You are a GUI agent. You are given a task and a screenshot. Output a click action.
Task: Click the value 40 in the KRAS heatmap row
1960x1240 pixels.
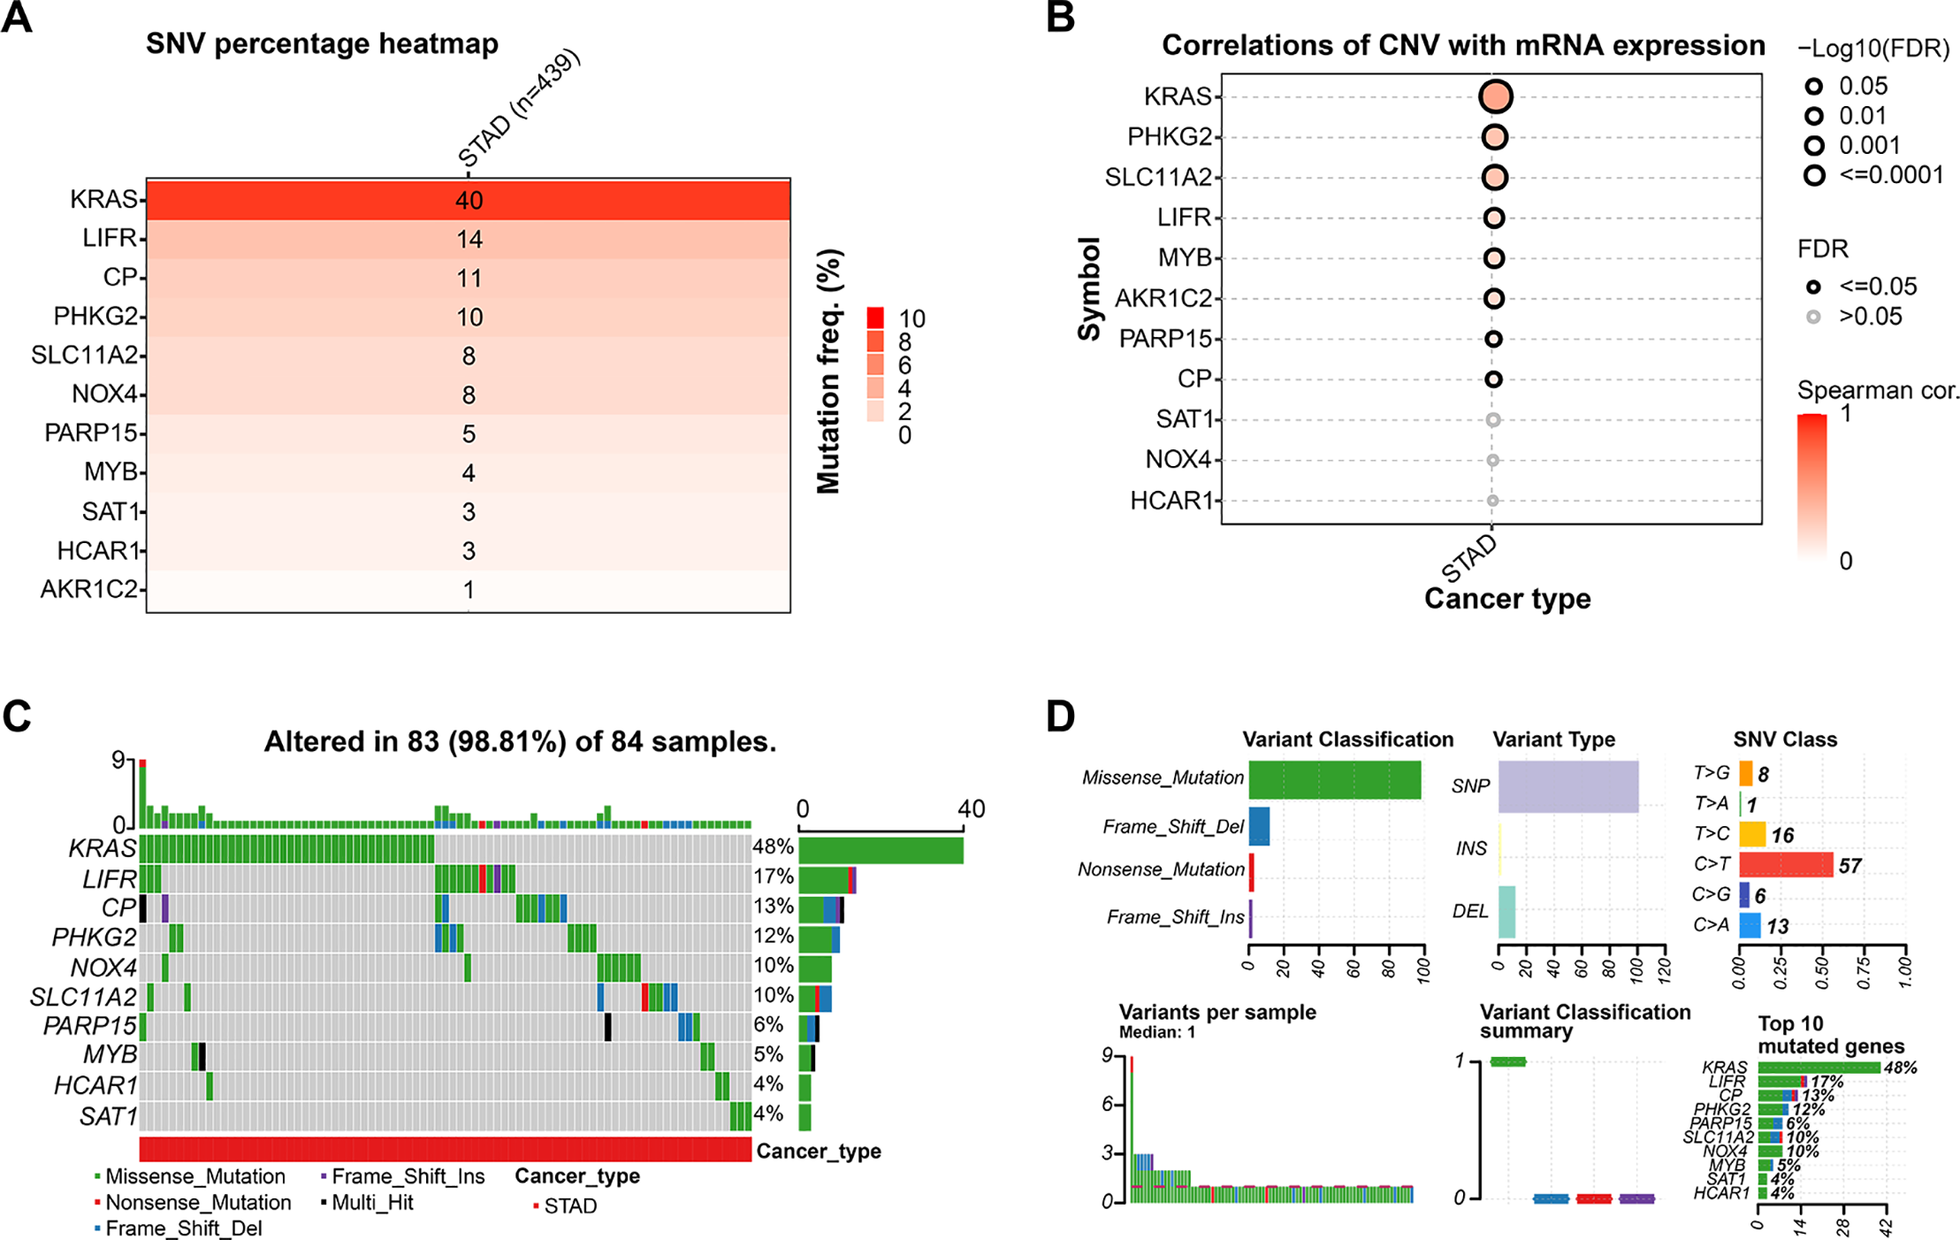pyautogui.click(x=469, y=201)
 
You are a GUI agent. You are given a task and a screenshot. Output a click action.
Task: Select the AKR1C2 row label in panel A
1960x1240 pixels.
pyautogui.click(x=88, y=589)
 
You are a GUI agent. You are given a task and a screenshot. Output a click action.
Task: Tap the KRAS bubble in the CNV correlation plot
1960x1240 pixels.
pyautogui.click(x=1495, y=96)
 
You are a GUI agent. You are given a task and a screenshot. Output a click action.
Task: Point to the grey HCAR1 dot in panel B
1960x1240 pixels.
pyautogui.click(x=1492, y=501)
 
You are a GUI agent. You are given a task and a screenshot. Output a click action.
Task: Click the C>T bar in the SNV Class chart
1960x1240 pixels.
pyautogui.click(x=1786, y=865)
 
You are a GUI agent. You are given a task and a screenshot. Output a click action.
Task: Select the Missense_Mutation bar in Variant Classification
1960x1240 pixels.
pyautogui.click(x=1334, y=779)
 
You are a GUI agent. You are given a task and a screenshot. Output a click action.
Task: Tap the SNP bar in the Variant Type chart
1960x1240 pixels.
pyautogui.click(x=1567, y=786)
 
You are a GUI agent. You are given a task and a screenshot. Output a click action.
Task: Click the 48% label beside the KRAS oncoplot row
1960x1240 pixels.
pyautogui.click(x=773, y=846)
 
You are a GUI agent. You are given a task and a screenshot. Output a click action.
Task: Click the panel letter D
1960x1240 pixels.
pyautogui.click(x=1060, y=716)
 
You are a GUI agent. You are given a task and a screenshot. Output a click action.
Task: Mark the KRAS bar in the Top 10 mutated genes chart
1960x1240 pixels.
pyautogui.click(x=1818, y=1068)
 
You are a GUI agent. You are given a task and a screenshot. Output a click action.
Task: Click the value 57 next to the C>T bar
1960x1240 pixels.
pyautogui.click(x=1849, y=866)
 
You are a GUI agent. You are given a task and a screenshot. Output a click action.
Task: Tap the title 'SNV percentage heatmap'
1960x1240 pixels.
pyautogui.click(x=322, y=43)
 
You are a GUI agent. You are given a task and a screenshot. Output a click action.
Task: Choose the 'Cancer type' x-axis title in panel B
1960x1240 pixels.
pyautogui.click(x=1506, y=599)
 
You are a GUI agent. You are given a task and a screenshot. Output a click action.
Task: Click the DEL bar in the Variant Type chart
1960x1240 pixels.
pyautogui.click(x=1506, y=912)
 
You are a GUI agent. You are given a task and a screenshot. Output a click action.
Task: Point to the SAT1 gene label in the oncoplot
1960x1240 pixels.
pyautogui.click(x=109, y=1116)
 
